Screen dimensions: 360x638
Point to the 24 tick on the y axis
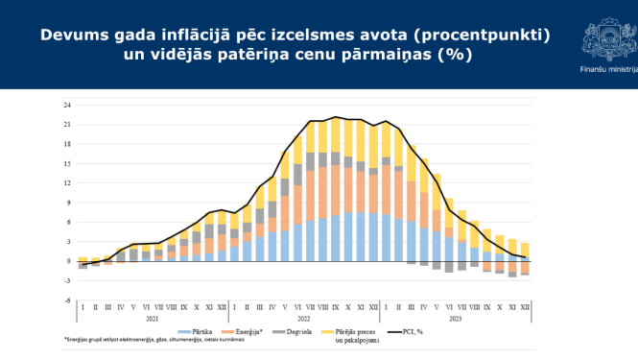coord(67,105)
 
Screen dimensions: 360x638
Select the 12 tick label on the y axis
coord(67,182)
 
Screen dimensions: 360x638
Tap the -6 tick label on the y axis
coord(67,300)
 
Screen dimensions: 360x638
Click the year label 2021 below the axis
coord(152,319)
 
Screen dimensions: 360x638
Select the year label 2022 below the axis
coord(303,319)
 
